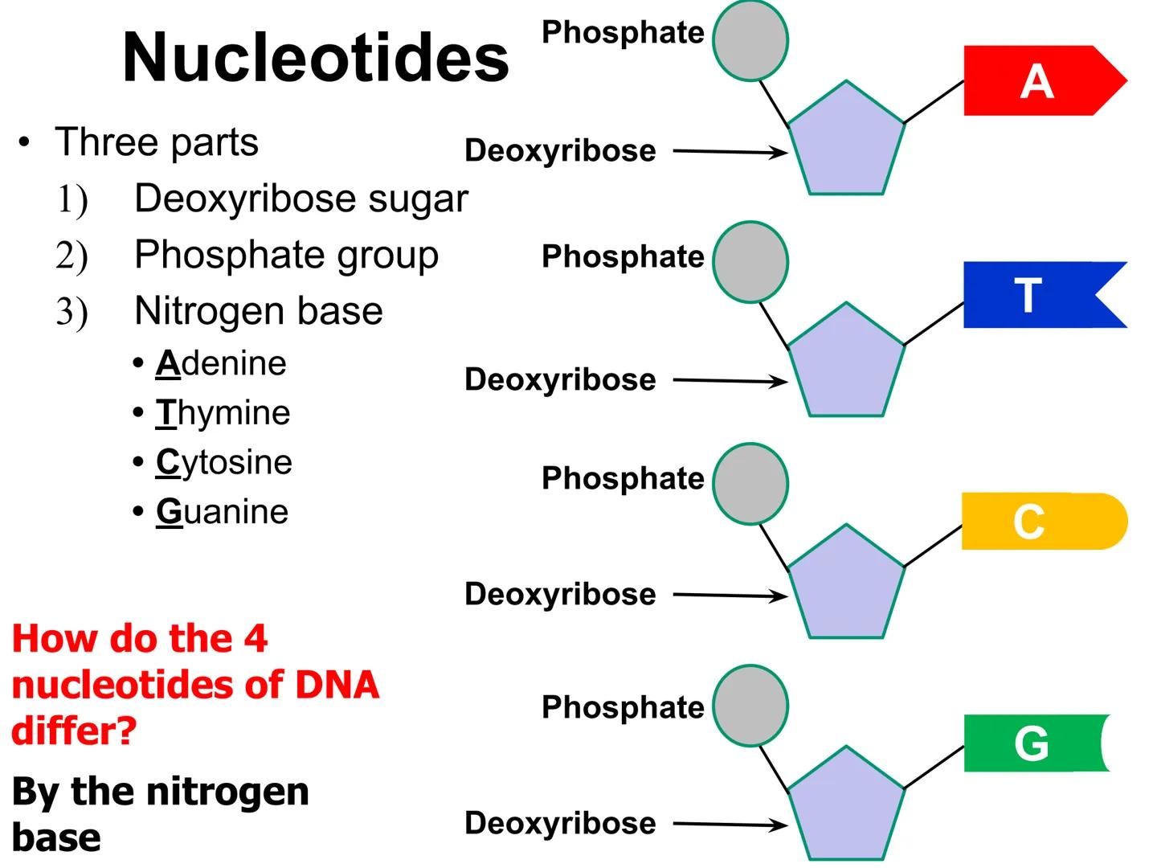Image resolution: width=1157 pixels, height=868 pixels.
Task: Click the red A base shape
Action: click(1036, 81)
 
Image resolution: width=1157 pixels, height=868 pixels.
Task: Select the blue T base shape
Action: click(1028, 295)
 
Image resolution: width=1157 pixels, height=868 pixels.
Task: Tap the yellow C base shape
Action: click(1036, 522)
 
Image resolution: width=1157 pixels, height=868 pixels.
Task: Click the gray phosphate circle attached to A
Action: click(750, 41)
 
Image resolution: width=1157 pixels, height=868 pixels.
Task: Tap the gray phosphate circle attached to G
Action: click(750, 706)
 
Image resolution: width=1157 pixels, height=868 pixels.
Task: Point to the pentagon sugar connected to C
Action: click(846, 584)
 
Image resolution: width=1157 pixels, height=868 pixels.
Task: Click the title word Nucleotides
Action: click(316, 58)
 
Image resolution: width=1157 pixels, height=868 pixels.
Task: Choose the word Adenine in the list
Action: click(221, 363)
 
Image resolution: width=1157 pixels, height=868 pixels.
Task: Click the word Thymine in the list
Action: click(223, 413)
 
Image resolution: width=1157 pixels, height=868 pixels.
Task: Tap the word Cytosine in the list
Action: click(224, 462)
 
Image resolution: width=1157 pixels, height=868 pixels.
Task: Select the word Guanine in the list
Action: click(222, 512)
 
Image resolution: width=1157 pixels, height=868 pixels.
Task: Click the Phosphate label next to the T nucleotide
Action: click(623, 256)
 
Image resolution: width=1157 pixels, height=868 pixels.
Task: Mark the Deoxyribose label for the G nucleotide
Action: click(560, 823)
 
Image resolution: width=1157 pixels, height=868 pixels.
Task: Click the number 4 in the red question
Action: click(256, 639)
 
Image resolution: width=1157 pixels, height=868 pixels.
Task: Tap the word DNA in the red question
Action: click(337, 685)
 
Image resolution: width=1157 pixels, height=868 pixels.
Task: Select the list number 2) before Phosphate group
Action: click(72, 256)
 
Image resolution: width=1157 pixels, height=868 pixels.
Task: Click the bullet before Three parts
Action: click(25, 144)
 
